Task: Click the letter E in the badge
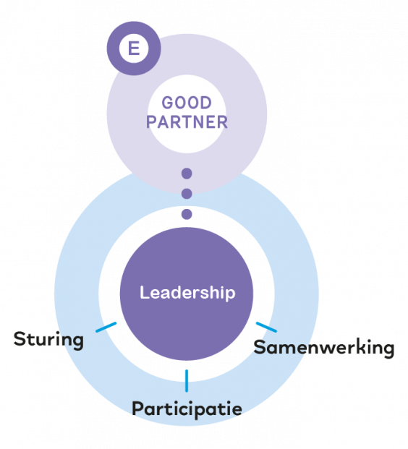click(x=134, y=48)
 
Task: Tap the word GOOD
click(x=187, y=103)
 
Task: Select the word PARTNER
click(x=187, y=122)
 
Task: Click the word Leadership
click(x=187, y=293)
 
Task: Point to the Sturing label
click(x=48, y=340)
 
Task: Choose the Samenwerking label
click(x=324, y=348)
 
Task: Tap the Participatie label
click(x=187, y=408)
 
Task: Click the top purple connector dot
click(x=187, y=174)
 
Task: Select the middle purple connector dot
click(x=187, y=194)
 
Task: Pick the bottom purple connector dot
click(x=187, y=214)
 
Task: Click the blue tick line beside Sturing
click(x=106, y=328)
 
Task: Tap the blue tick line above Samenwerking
click(x=266, y=328)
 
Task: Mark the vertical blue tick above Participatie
click(x=187, y=381)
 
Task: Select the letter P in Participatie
click(x=138, y=408)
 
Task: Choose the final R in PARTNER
click(x=222, y=122)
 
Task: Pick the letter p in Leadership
click(x=229, y=295)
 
